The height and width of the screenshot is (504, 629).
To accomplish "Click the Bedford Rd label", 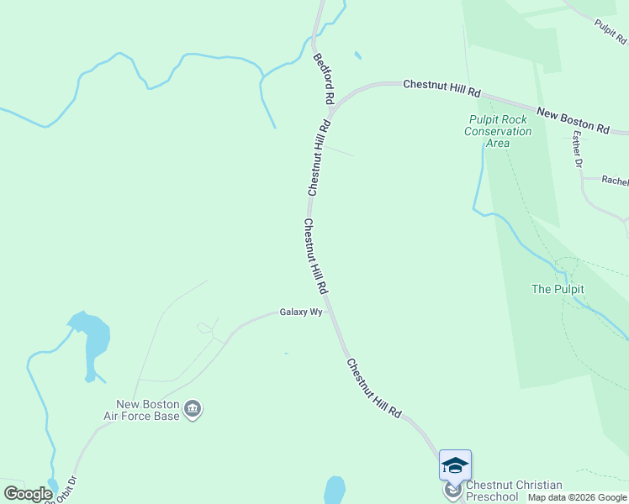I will [x=323, y=80].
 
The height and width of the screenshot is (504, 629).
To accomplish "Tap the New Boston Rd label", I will [x=573, y=120].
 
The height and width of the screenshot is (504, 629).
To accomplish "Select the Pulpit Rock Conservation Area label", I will [x=499, y=131].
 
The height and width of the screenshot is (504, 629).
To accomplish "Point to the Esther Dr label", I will [x=577, y=149].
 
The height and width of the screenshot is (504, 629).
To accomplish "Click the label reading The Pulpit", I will [x=558, y=289].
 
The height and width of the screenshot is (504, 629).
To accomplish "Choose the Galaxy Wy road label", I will [x=301, y=312].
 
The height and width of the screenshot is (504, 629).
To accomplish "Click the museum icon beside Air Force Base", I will [x=193, y=410].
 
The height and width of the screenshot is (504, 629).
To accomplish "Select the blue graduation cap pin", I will [x=455, y=465].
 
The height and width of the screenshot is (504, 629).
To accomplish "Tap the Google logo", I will [x=28, y=494].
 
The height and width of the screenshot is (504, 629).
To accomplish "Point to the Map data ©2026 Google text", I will [x=577, y=497].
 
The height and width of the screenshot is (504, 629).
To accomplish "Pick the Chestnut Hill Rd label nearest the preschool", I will [x=375, y=389].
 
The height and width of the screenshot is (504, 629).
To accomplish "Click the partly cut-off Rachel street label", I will [x=615, y=181].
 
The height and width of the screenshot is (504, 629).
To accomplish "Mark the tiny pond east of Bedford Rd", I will [x=358, y=56].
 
